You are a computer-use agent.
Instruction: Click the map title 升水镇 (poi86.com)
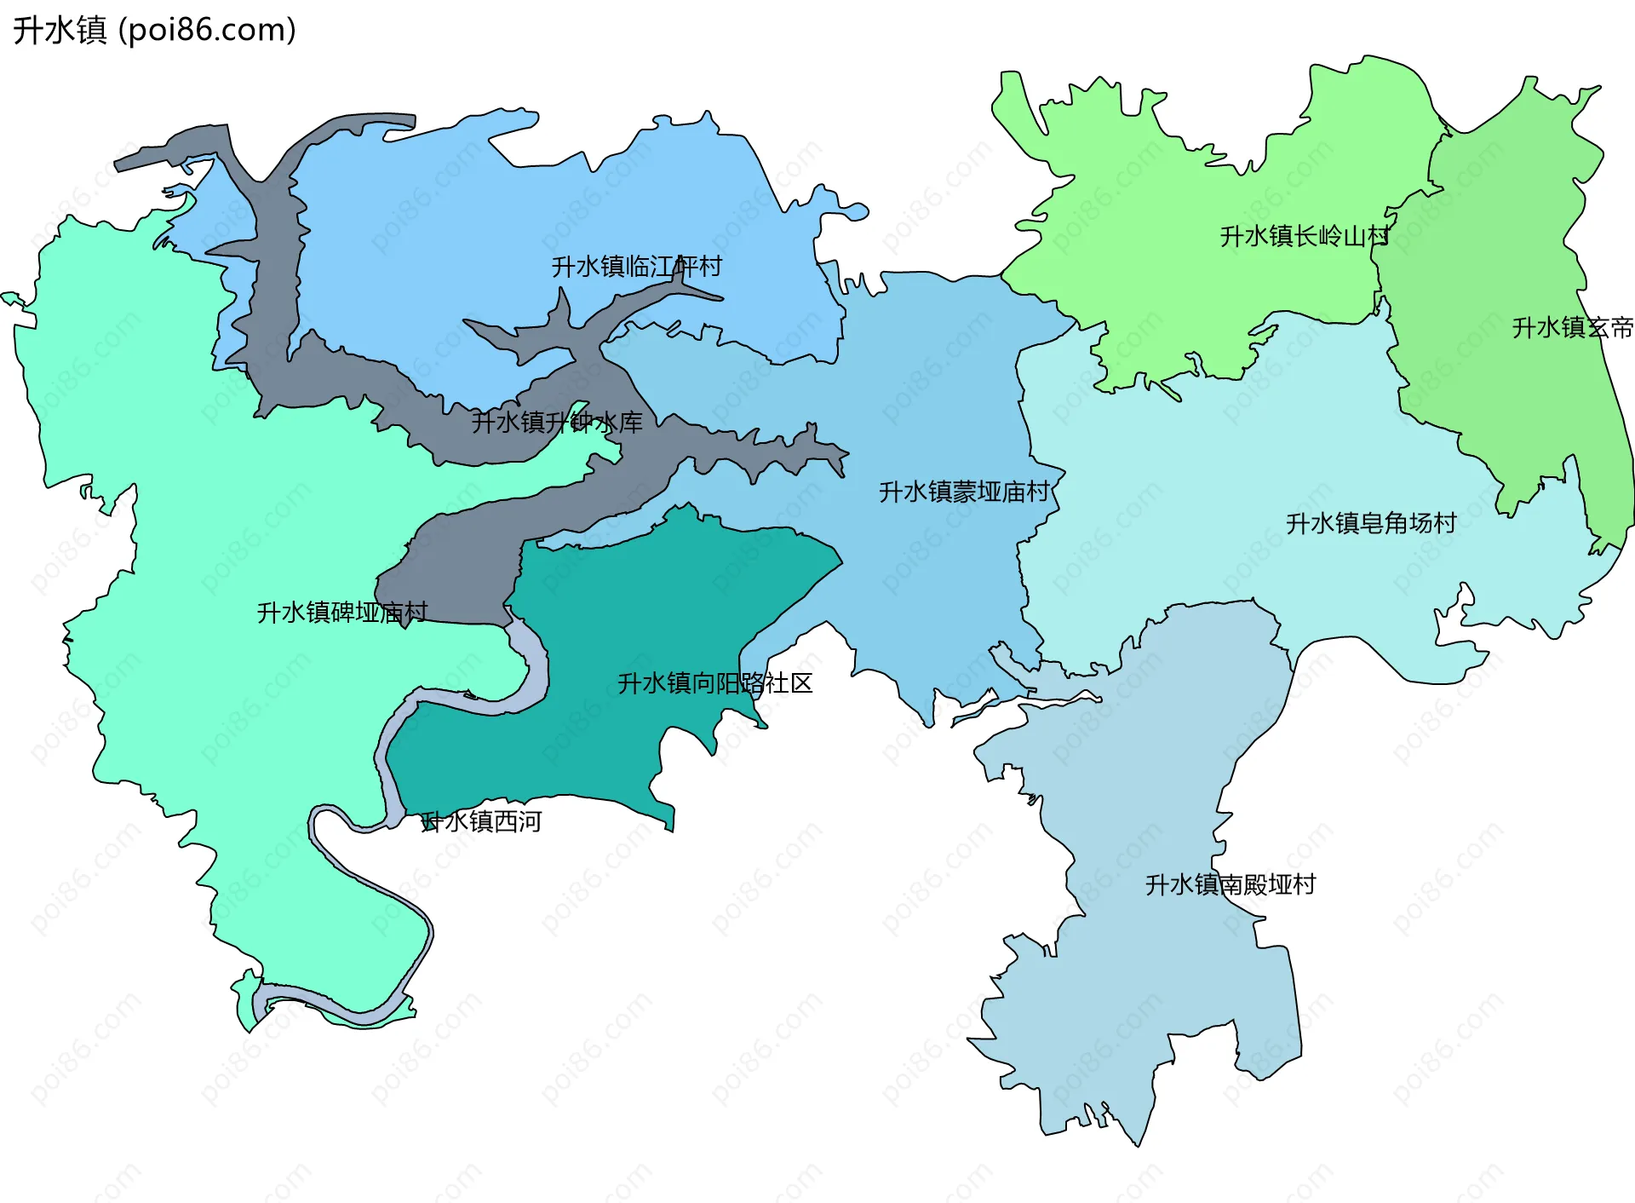click(x=154, y=30)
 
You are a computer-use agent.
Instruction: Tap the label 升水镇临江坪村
click(x=636, y=267)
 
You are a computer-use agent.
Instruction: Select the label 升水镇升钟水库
click(x=557, y=422)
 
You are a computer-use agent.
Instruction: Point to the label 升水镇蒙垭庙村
click(x=964, y=492)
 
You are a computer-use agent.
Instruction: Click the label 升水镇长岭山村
click(x=1305, y=236)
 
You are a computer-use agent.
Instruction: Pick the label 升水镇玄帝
click(x=1572, y=328)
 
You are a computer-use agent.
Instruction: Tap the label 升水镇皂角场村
click(x=1371, y=523)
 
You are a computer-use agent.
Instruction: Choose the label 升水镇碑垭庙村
click(x=342, y=613)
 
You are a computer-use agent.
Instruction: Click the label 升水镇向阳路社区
click(x=715, y=683)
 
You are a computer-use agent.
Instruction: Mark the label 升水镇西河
click(x=482, y=821)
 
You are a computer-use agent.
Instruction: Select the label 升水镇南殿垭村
click(x=1231, y=884)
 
